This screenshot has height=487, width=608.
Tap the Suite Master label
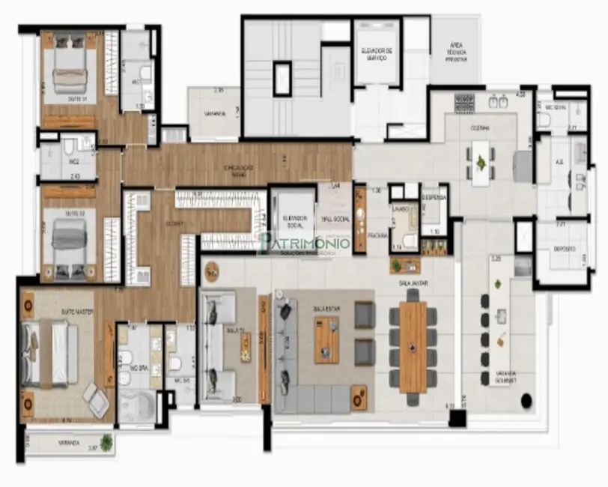[x=78, y=312]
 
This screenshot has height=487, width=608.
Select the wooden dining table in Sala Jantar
[x=413, y=346]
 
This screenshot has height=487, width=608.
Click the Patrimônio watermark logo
[x=303, y=241]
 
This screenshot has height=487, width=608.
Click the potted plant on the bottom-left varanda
[x=106, y=443]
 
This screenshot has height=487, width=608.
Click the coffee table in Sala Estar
[x=326, y=339]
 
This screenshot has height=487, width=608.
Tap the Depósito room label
[x=565, y=249]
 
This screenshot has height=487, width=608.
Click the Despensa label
[x=433, y=197]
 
